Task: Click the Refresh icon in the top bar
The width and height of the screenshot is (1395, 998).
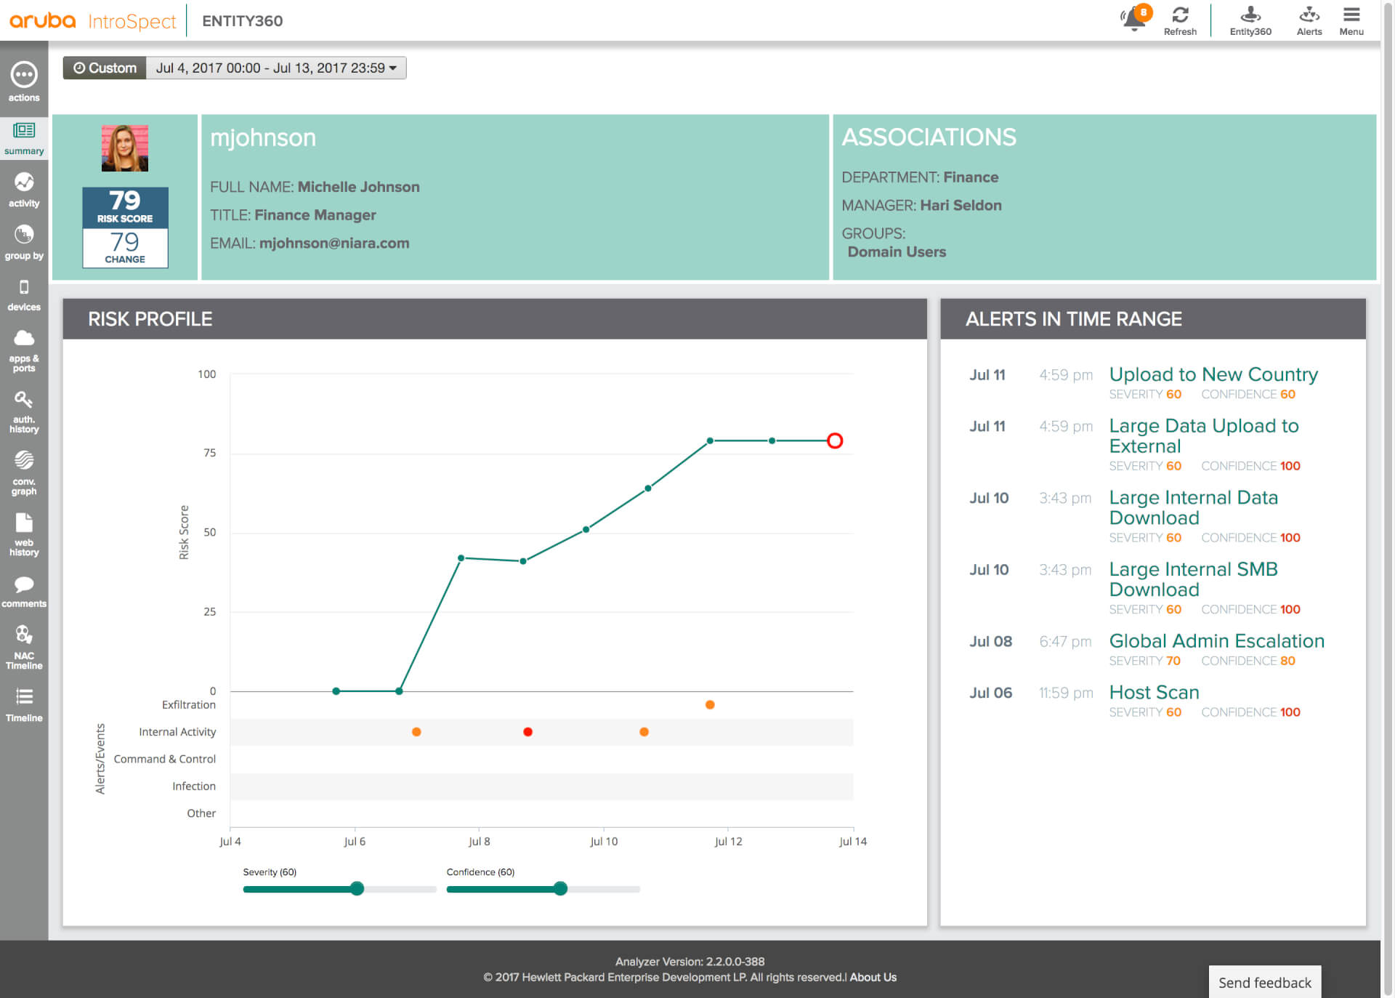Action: coord(1180,15)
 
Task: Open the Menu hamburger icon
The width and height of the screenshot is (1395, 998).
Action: coord(1351,15)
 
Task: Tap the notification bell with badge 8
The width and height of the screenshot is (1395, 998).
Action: coord(1134,18)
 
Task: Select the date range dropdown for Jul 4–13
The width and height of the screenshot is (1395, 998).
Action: coord(276,68)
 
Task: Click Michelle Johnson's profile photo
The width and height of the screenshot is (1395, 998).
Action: coord(125,148)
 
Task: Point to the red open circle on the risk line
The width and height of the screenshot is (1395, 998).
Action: coord(835,440)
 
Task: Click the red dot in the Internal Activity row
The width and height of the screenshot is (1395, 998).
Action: coord(528,732)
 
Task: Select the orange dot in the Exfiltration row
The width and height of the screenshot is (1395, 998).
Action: coord(710,704)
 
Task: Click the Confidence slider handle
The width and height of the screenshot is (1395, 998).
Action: coord(560,888)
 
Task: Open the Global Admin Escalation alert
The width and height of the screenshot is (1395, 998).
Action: coord(1216,641)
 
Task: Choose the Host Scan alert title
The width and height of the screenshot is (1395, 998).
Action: coord(1154,693)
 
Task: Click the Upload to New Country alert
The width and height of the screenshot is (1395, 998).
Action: coord(1213,374)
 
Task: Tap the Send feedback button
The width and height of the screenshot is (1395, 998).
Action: coord(1264,983)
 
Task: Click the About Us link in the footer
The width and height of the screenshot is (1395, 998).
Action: coord(873,978)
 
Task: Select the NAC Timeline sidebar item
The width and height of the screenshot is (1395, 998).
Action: coord(24,646)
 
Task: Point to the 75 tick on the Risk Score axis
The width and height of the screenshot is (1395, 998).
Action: coord(209,453)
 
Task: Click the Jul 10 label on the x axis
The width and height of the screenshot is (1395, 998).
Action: coord(604,842)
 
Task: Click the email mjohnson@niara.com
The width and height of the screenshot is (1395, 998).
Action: coord(334,244)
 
